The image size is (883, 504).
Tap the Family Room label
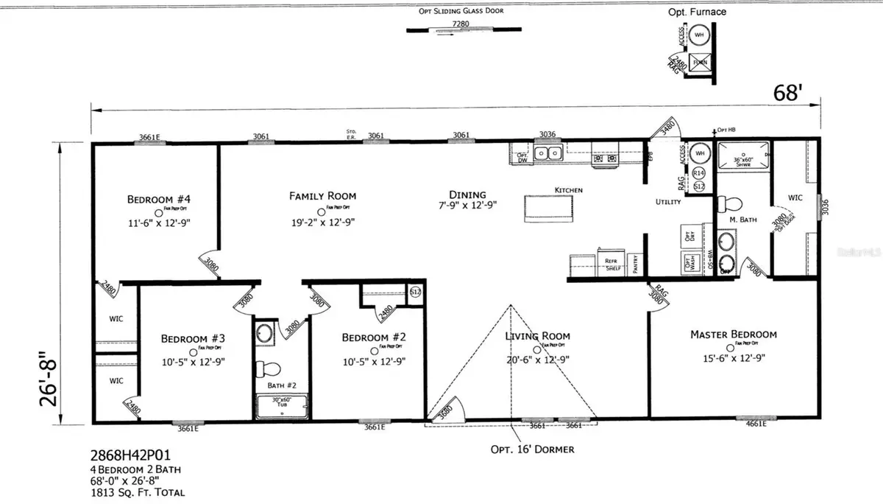pyautogui.click(x=322, y=196)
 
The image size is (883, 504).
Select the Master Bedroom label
pyautogui.click(x=733, y=335)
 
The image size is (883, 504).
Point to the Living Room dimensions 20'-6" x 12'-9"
pyautogui.click(x=539, y=361)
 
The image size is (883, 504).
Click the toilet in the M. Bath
pyautogui.click(x=728, y=203)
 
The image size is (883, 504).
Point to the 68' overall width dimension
pyautogui.click(x=788, y=93)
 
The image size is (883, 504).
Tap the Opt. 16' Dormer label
pyautogui.click(x=532, y=449)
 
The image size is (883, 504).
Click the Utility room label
pyautogui.click(x=669, y=201)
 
